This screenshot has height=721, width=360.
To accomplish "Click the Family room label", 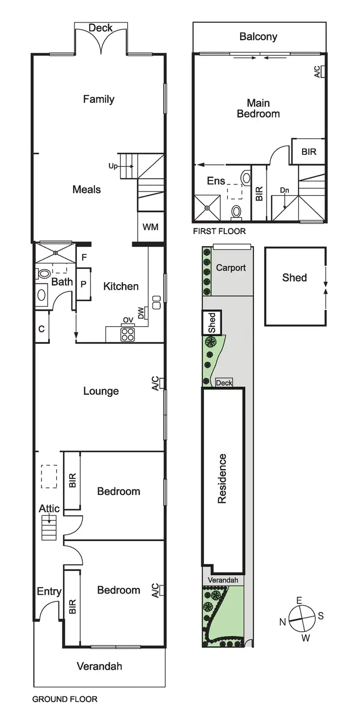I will pyautogui.click(x=98, y=99).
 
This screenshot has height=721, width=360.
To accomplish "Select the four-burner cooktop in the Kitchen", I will pyautogui.click(x=128, y=334).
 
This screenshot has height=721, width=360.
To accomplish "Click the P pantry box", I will pyautogui.click(x=83, y=284).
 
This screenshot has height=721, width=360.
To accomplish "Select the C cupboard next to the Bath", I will pyautogui.click(x=41, y=329).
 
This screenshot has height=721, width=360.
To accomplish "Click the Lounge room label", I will pyautogui.click(x=101, y=391).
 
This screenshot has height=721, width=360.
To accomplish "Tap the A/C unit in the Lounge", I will pyautogui.click(x=162, y=383).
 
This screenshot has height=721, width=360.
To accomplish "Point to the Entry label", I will pyautogui.click(x=49, y=591).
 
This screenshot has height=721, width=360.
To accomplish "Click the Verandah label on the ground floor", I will pyautogui.click(x=99, y=666).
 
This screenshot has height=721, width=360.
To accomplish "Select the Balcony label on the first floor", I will pyautogui.click(x=258, y=36).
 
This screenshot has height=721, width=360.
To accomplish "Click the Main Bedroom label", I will pyautogui.click(x=258, y=108).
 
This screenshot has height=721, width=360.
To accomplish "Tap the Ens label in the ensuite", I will pyautogui.click(x=216, y=181).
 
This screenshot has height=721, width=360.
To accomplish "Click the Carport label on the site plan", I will pyautogui.click(x=230, y=268).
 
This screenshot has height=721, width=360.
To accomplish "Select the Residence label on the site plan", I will pyautogui.click(x=222, y=478).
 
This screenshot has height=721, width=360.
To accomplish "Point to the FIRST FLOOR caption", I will pyautogui.click(x=219, y=231).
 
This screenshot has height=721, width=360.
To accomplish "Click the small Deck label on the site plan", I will pyautogui.click(x=224, y=383).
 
